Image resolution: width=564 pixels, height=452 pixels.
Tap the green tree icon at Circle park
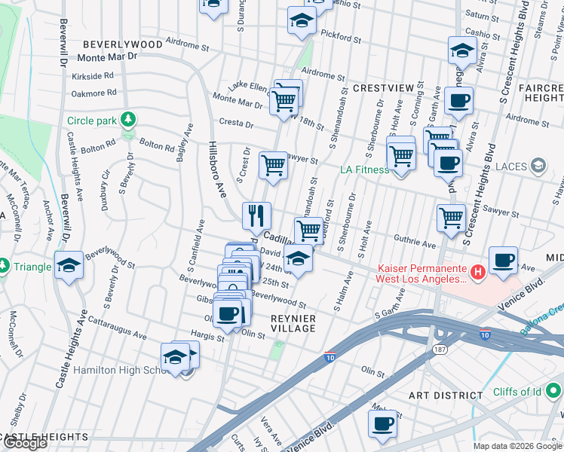pos(129,119)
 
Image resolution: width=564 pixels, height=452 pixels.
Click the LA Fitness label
pos(365,169)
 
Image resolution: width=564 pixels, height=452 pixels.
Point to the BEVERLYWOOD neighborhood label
pos(123,44)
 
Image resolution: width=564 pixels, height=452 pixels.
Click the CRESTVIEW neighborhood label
pos(382,88)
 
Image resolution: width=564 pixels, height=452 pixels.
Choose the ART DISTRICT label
pos(446,395)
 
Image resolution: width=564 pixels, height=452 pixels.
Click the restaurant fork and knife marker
pos(256,215)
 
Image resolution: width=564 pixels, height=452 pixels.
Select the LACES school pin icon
pos(538,164)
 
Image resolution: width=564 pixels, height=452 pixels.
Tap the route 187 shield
pos(439,350)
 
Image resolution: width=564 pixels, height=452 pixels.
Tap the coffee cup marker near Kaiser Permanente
pos(502,260)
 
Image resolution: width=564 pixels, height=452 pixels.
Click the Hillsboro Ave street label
pos(217,169)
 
